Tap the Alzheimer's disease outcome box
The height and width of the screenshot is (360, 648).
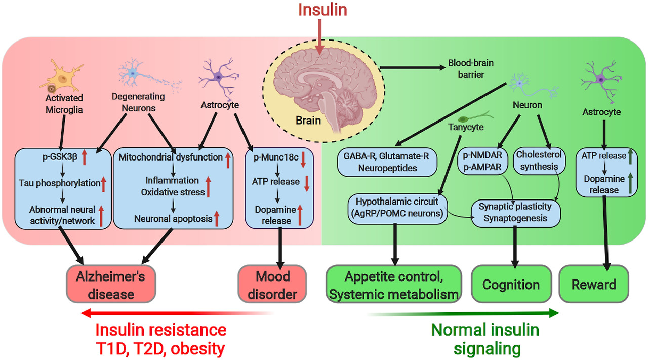(110, 285)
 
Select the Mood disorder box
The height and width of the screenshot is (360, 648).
(272, 285)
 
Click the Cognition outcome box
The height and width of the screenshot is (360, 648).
(510, 285)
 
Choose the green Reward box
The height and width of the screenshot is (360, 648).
(593, 285)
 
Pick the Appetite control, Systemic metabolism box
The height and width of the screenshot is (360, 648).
(394, 285)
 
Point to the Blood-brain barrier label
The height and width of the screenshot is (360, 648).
(470, 69)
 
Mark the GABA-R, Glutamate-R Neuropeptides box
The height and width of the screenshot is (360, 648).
(387, 162)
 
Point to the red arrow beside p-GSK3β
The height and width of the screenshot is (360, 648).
(85, 158)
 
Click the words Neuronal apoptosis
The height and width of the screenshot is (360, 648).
(172, 219)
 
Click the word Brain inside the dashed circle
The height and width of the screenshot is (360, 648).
(308, 121)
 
